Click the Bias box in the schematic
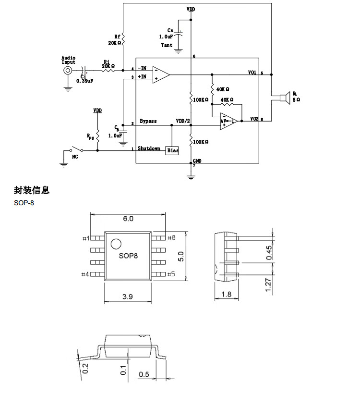(x=173, y=150)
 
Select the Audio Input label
(x=69, y=60)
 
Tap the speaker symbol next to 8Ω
(x=283, y=97)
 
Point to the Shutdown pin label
(x=149, y=148)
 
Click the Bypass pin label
(x=148, y=121)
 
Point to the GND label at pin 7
(x=197, y=160)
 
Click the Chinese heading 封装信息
(x=32, y=190)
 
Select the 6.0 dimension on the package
(x=128, y=219)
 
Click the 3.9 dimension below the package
(x=127, y=297)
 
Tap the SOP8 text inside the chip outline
(x=128, y=256)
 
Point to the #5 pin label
(x=171, y=274)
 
